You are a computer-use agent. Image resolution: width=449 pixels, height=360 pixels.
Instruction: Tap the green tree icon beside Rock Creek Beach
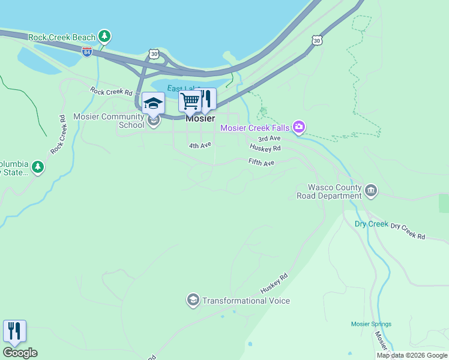point(105,37)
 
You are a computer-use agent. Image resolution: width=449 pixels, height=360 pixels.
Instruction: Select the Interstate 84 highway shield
point(87,52)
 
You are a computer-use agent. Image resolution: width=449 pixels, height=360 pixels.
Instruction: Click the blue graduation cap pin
point(153,103)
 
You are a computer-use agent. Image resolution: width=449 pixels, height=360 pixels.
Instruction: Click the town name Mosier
point(200,118)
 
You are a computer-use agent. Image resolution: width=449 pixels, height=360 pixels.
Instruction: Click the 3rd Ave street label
point(270,138)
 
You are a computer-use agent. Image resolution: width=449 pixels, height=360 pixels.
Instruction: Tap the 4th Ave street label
point(200,145)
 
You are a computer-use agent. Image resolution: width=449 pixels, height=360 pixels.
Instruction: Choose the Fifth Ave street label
point(261,163)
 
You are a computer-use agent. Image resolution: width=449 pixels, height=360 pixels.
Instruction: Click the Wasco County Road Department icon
point(371,191)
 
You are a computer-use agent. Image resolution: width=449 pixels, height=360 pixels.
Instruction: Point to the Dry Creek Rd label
point(408,232)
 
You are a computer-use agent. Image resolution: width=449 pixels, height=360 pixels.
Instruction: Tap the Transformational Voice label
point(246,301)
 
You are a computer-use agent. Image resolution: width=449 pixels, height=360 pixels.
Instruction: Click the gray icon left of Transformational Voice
point(193,300)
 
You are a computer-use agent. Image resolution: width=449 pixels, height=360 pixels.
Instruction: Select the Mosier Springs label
point(371,324)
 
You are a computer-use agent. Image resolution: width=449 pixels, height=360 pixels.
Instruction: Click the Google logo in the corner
point(20,353)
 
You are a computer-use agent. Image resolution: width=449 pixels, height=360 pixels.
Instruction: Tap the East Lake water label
point(180,89)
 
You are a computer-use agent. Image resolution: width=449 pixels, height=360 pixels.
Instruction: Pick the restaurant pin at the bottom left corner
point(14,331)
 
